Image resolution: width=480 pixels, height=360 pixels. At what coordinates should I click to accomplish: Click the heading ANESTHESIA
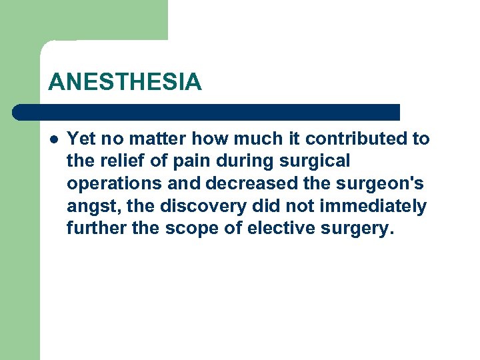click(124, 82)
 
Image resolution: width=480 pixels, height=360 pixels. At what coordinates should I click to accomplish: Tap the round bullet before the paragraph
click(53, 139)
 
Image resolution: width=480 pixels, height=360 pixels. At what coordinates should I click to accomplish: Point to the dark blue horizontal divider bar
click(207, 112)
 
